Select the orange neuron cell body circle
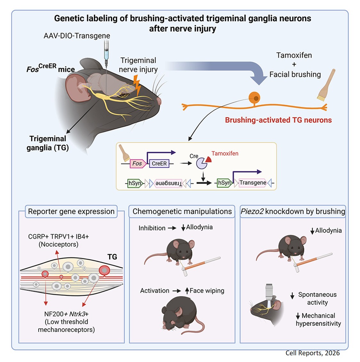[x=255, y=97]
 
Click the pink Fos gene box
[x=137, y=164]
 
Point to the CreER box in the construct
[x=159, y=164]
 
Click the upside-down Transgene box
[x=168, y=183]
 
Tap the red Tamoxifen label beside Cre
[x=225, y=154]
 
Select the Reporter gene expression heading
[x=71, y=212]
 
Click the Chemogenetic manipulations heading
[x=182, y=212]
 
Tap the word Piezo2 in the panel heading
[x=252, y=212]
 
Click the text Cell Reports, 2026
[x=312, y=353]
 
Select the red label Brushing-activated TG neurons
[x=278, y=120]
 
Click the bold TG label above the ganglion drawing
[x=112, y=257]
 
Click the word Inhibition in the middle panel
[x=152, y=228]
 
